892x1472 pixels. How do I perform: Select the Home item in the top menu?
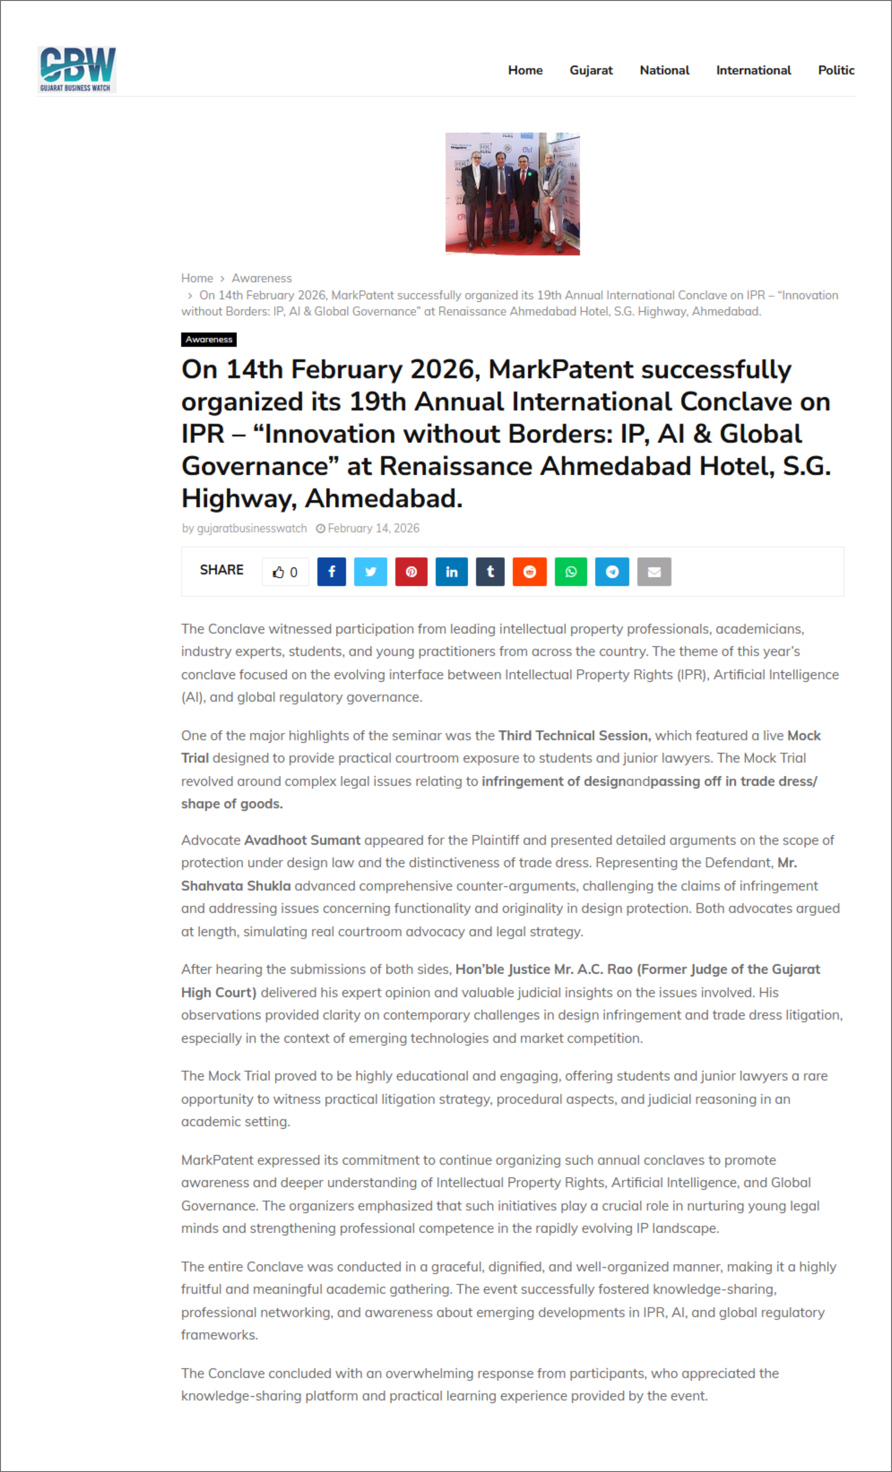tap(525, 70)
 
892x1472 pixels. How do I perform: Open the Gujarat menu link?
tap(591, 70)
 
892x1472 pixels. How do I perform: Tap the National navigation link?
tap(664, 70)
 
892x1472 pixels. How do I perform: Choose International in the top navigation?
tap(754, 70)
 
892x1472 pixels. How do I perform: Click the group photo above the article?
tap(512, 194)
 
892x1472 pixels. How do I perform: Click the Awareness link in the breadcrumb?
tap(262, 278)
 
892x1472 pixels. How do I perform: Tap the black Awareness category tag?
tap(209, 339)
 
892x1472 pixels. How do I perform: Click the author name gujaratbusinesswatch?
tap(252, 528)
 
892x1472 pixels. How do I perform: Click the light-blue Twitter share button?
tap(371, 572)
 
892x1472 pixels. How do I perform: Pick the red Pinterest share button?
tap(411, 572)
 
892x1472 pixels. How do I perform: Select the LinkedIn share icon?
tap(452, 572)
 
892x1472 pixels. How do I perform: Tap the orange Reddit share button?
tap(529, 572)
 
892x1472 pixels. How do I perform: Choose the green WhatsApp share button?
tap(570, 572)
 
